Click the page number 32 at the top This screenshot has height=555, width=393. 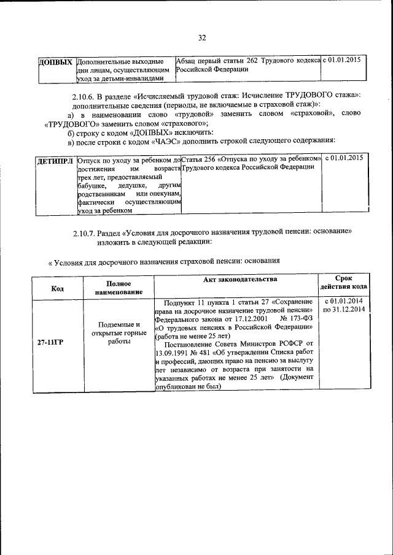click(x=201, y=38)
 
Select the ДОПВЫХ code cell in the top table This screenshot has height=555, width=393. click(x=56, y=63)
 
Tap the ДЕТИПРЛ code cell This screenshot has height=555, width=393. click(x=55, y=160)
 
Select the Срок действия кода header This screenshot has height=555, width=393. click(x=343, y=283)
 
